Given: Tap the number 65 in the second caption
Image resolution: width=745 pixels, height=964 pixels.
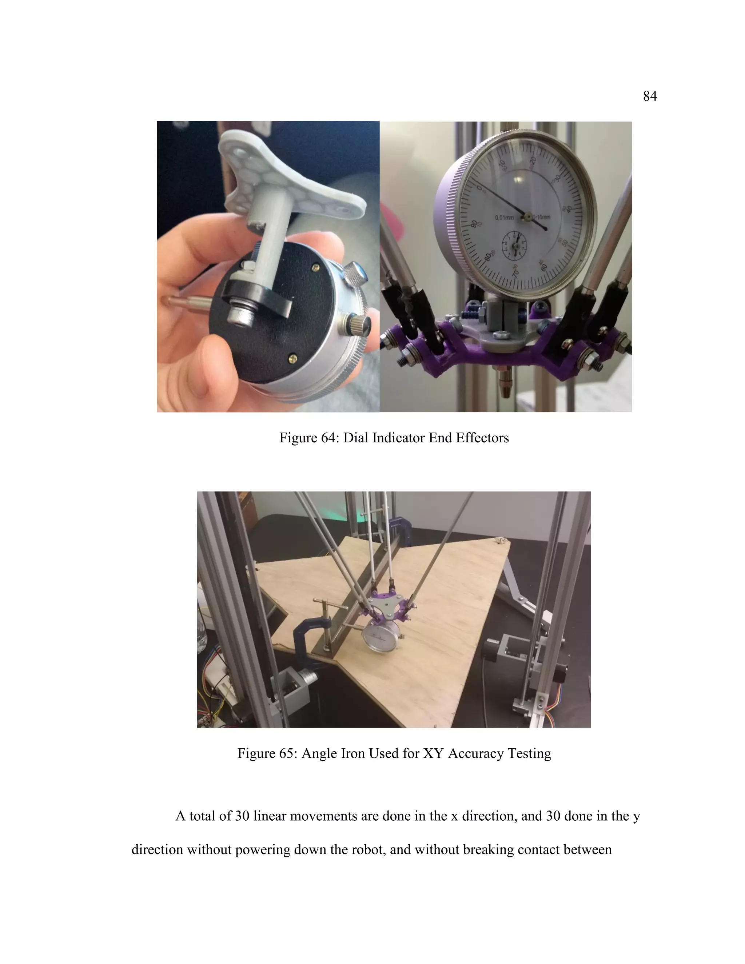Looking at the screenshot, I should point(288,753).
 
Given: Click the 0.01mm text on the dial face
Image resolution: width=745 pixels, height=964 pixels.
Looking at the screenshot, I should point(504,218).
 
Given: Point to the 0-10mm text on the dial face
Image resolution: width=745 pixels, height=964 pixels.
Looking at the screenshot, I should point(541,217).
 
